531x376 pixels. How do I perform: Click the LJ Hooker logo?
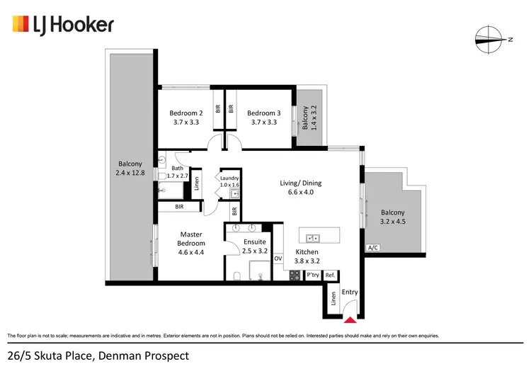click(x=63, y=25)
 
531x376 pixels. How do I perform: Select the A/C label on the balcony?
click(x=372, y=249)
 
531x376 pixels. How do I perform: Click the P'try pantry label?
click(x=312, y=275)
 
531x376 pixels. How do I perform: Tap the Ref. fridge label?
click(x=330, y=275)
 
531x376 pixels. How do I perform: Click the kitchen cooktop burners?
click(x=295, y=275)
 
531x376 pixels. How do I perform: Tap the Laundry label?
click(x=230, y=178)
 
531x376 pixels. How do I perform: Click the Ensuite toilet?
click(x=237, y=275)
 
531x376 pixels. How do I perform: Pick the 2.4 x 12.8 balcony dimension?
click(x=130, y=172)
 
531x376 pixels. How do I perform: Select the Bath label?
click(x=177, y=168)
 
